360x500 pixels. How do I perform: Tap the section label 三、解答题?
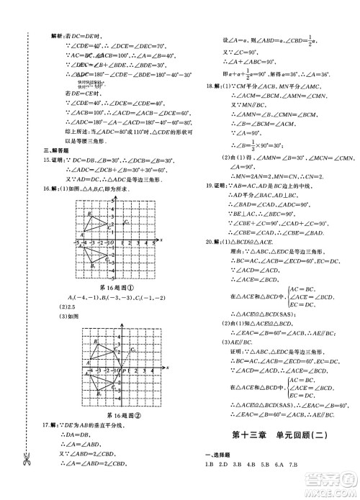(53, 150)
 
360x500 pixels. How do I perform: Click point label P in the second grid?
(123, 372)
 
